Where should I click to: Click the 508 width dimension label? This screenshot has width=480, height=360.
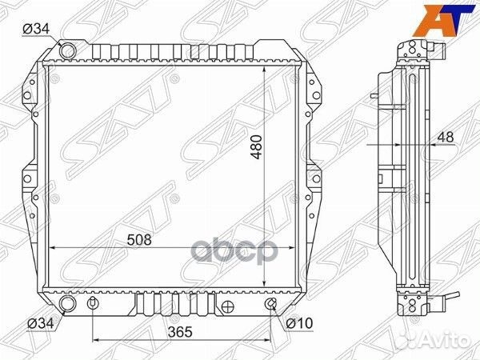(139, 240)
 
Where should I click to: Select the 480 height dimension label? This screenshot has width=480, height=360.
(257, 147)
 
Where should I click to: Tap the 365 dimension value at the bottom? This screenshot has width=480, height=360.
(180, 332)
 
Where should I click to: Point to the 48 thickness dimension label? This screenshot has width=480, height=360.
(446, 137)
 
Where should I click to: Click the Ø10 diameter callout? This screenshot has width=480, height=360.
(299, 323)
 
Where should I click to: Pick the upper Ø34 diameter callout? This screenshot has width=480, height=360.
(36, 30)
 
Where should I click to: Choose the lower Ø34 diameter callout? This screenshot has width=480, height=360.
(41, 323)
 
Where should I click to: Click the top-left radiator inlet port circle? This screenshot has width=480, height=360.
(67, 50)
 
